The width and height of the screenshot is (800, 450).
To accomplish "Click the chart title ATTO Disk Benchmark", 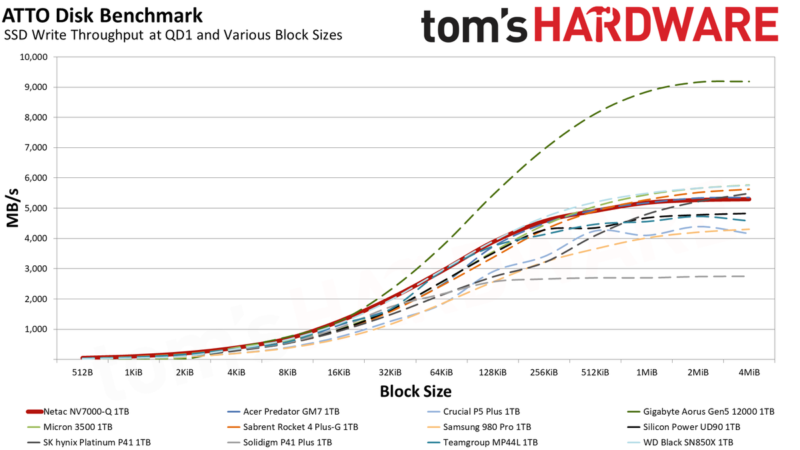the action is click(x=102, y=16).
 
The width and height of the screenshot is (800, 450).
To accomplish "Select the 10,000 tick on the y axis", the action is click(x=33, y=57).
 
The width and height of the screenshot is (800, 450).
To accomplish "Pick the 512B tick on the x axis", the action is click(x=83, y=373).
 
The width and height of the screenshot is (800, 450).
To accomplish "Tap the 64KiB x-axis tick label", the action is click(x=441, y=373).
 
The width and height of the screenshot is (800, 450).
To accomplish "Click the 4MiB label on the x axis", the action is click(x=749, y=373).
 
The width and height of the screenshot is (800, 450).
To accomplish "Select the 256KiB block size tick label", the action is click(x=544, y=373).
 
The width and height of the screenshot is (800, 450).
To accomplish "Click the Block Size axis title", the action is click(x=415, y=391).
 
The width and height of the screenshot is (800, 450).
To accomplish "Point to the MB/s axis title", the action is click(x=12, y=208).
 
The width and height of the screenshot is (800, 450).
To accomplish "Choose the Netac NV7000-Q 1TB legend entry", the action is click(x=77, y=411).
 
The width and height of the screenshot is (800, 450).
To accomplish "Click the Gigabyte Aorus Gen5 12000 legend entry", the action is click(x=701, y=411).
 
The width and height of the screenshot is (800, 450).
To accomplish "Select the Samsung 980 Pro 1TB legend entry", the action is click(x=479, y=427).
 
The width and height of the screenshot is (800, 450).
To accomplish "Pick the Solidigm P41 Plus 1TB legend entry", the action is click(x=279, y=442).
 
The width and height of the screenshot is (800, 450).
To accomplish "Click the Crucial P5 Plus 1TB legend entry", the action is click(x=473, y=411).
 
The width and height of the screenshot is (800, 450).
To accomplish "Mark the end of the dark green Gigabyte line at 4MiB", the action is click(x=749, y=81).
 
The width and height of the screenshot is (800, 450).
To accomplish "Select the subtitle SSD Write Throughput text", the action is click(x=74, y=35).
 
